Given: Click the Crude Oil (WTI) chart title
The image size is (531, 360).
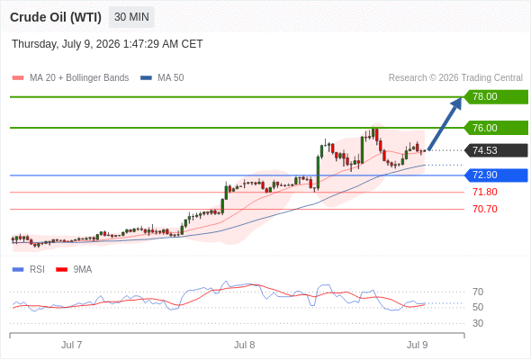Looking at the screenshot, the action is click(x=56, y=17).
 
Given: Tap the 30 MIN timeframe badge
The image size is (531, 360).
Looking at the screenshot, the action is click(x=131, y=17).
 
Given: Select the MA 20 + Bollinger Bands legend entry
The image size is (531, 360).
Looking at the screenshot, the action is click(x=70, y=78).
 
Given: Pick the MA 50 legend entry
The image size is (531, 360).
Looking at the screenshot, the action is click(x=162, y=78).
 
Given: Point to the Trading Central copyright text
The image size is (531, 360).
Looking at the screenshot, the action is click(x=455, y=78).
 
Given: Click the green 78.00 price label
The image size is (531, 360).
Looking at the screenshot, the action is click(x=496, y=97).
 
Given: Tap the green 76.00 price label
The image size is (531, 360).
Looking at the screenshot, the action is click(x=496, y=128).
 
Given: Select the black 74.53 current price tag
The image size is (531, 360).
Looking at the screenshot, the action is click(x=496, y=150).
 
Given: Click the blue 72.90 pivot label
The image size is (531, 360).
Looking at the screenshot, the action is click(x=496, y=175).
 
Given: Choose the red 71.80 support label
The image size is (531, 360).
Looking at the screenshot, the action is click(x=485, y=192).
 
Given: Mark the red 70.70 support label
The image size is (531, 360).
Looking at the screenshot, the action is click(x=485, y=209).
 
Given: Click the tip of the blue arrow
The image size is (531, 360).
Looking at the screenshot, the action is click(x=461, y=97).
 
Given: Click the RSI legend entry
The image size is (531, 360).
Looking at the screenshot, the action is click(x=29, y=270).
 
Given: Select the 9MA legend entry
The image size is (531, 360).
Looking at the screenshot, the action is click(x=74, y=270).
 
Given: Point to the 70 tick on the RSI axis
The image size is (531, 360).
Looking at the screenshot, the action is click(x=478, y=292).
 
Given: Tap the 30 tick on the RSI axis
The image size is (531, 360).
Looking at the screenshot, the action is click(x=478, y=323).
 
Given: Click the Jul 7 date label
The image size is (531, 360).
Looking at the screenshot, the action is click(x=71, y=345).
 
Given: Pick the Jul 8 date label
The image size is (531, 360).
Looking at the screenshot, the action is click(x=244, y=345).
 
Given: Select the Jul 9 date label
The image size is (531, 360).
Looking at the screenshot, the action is click(x=418, y=345).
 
